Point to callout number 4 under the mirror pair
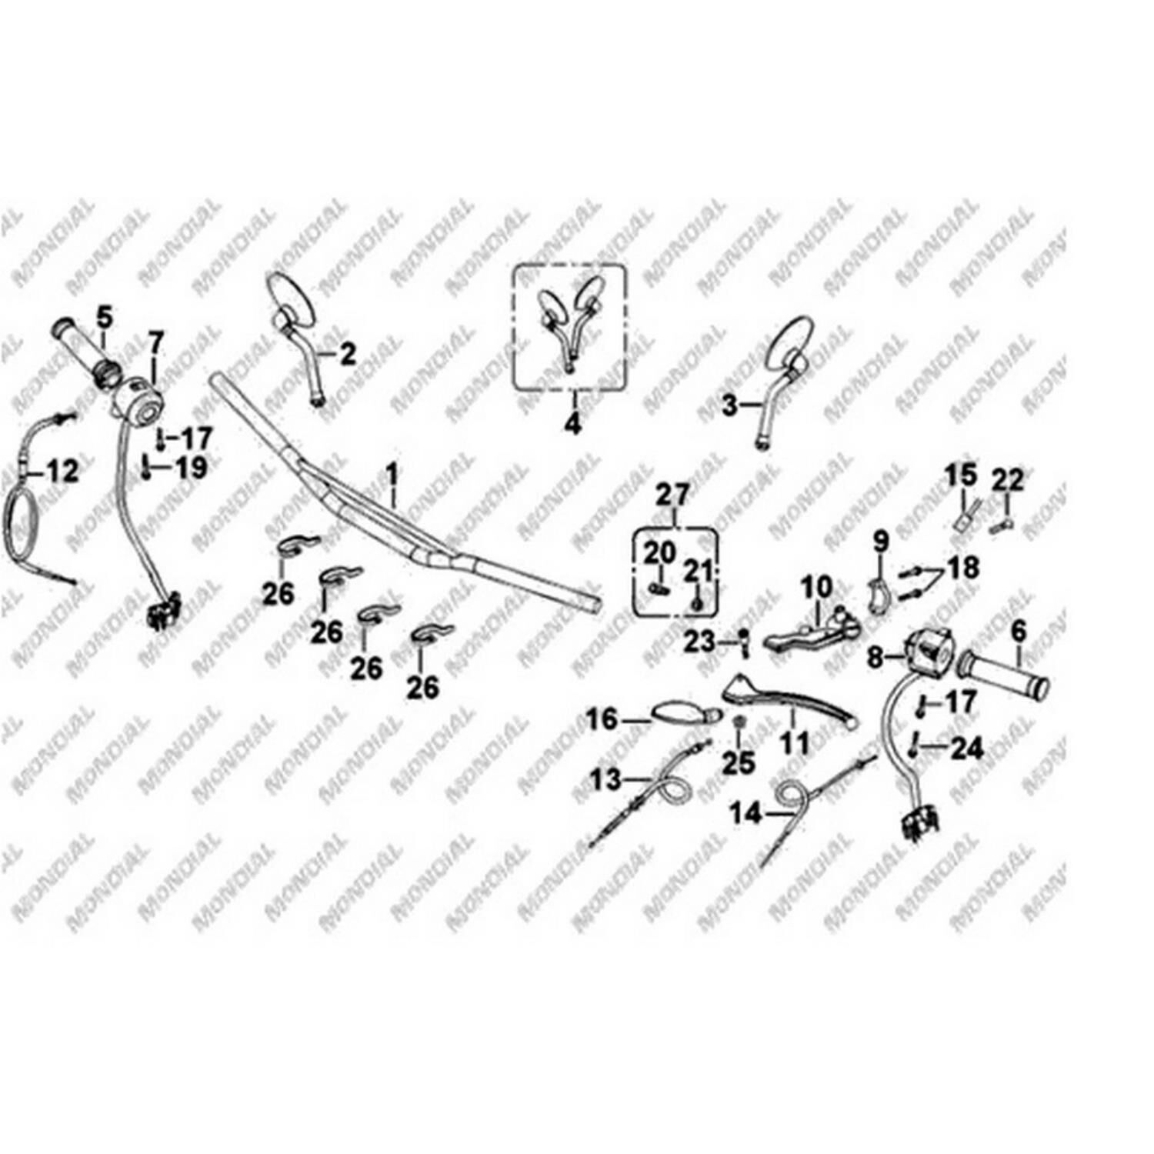pos(572,422)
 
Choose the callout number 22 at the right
pos(1008,481)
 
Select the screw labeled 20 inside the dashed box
pos(655,589)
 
